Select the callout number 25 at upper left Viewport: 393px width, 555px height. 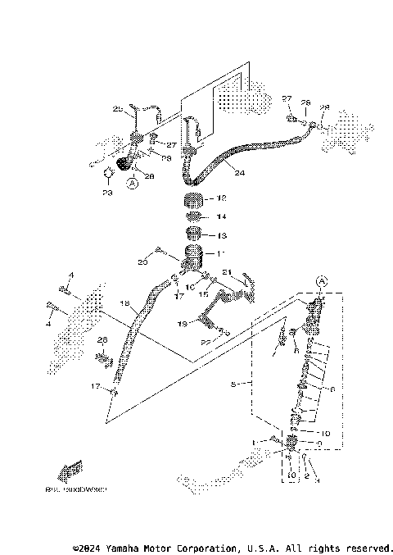point(117,109)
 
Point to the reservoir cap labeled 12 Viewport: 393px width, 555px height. point(192,200)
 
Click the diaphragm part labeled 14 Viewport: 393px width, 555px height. point(193,216)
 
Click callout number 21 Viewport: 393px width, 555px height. point(227,273)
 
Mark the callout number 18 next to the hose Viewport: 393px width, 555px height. point(125,304)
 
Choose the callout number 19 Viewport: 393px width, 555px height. point(183,324)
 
